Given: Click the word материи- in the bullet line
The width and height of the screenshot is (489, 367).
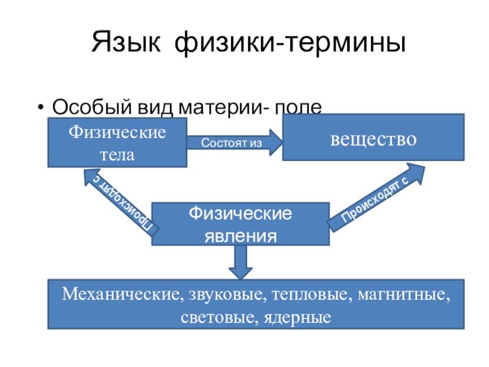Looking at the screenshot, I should (222, 107).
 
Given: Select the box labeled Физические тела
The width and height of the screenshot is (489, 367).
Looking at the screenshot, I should (117, 143).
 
